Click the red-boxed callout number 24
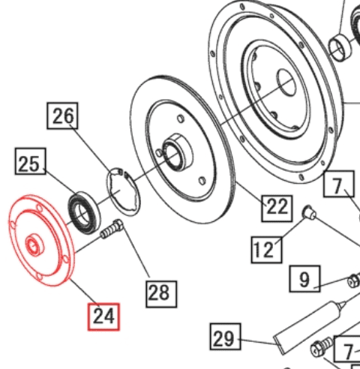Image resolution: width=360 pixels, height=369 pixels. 103,316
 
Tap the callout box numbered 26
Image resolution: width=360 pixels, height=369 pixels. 64,117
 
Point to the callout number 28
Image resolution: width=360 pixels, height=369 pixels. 160,292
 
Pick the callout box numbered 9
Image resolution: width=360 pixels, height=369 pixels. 304,280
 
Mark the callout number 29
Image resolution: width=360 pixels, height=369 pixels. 223,338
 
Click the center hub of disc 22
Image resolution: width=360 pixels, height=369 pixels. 175,151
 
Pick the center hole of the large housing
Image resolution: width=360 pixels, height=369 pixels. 286,80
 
